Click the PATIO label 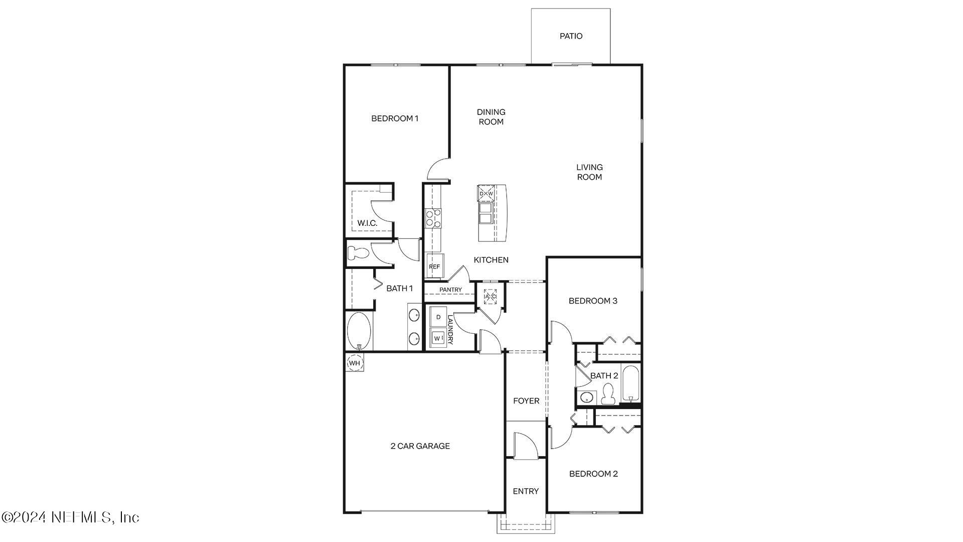point(571,36)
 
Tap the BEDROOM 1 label point(395,118)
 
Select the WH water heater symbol point(355,363)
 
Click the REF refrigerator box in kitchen point(434,266)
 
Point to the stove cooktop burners point(433,218)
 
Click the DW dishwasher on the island point(486,193)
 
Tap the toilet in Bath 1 point(358,253)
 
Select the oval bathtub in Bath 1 point(359,331)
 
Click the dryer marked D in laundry point(438,317)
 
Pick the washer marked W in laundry point(438,338)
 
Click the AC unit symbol point(490,297)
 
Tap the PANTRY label point(450,290)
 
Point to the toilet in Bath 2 point(608,394)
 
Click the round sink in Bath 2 point(586,398)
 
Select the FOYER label point(526,400)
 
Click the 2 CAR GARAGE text point(420,446)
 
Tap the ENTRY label point(526,491)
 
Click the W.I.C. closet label point(367,223)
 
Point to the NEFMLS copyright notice point(70,517)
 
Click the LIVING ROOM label point(589,172)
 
